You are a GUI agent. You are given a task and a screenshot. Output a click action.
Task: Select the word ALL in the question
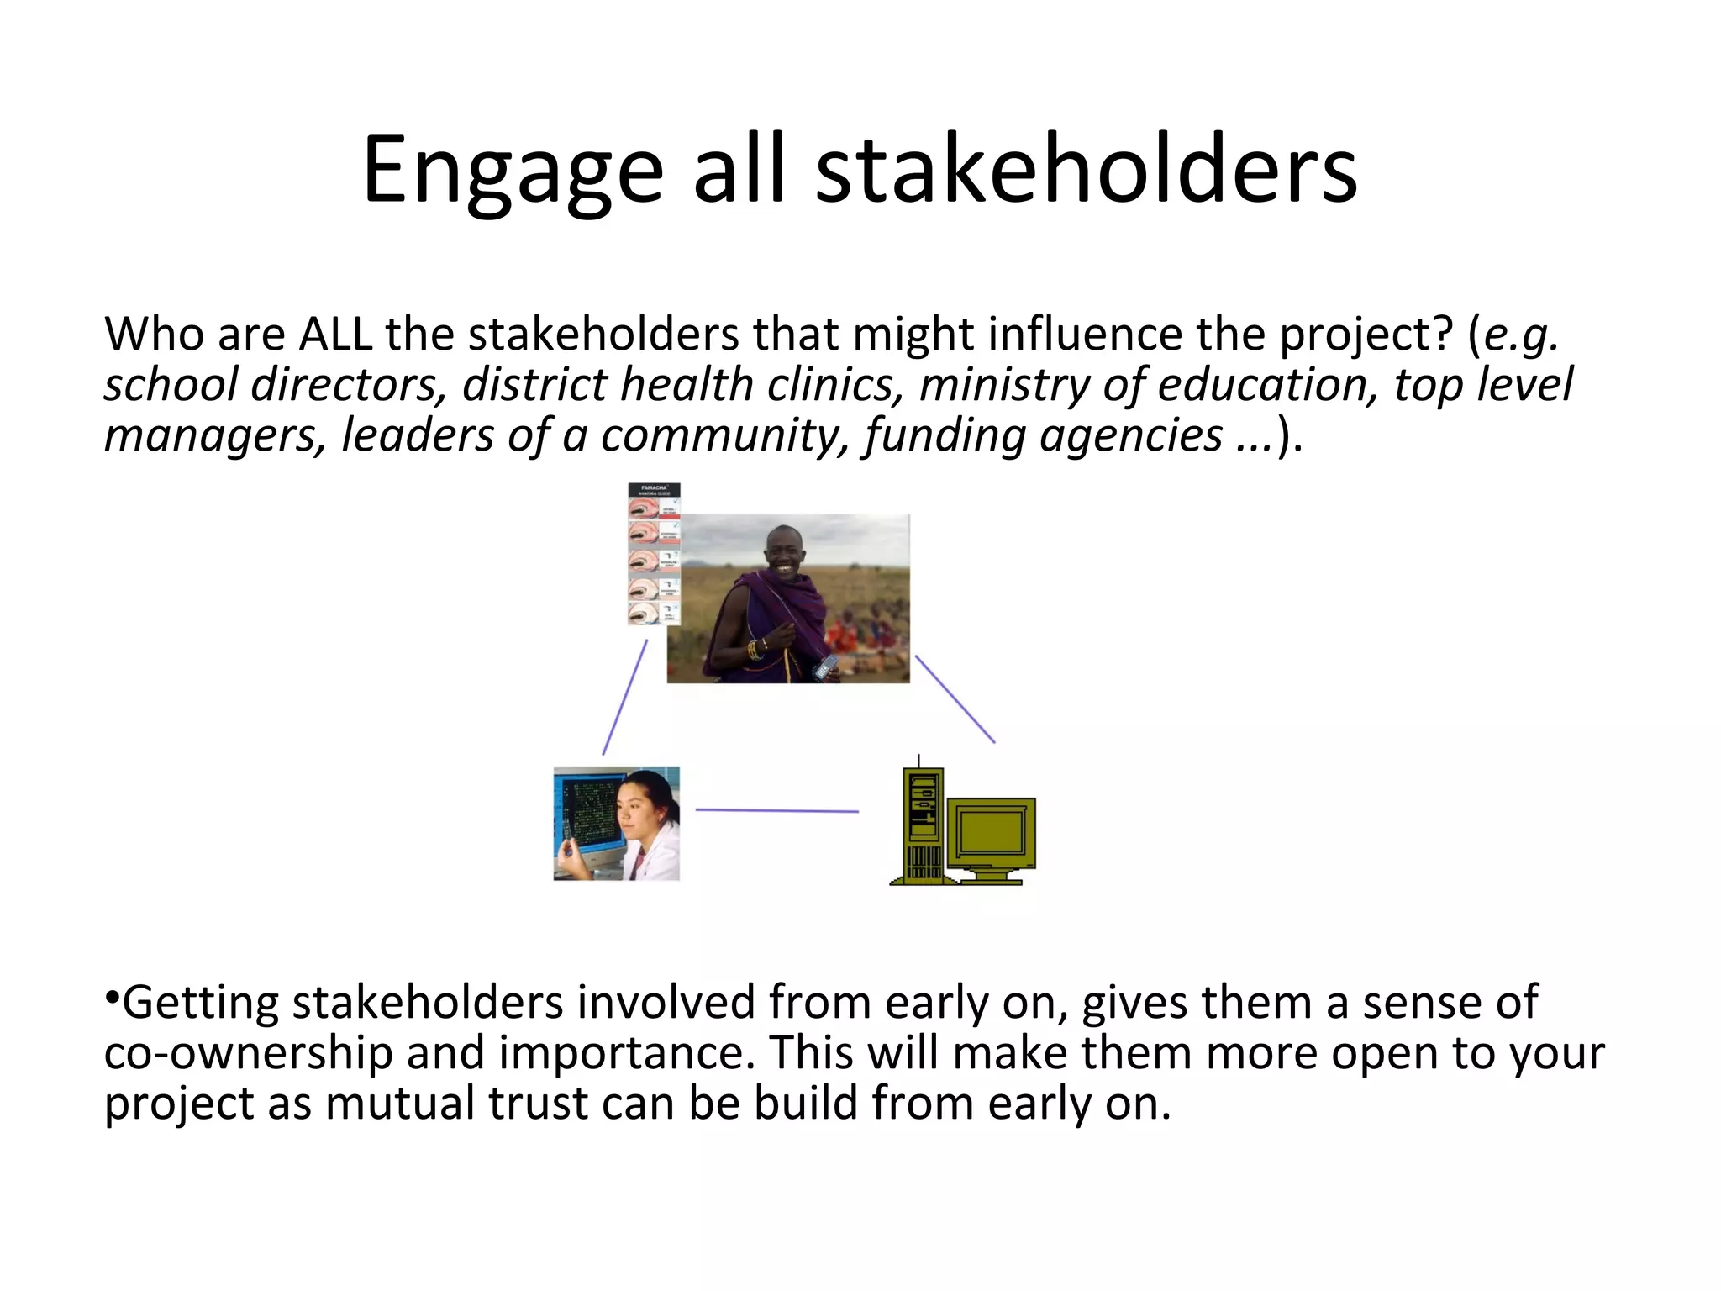tap(335, 335)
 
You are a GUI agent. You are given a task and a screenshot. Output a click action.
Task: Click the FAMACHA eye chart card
tap(654, 555)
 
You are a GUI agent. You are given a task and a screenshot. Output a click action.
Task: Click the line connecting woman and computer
tap(777, 810)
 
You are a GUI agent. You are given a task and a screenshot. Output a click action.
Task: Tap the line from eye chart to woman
tap(625, 698)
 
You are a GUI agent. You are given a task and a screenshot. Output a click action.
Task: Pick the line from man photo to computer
tap(955, 699)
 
